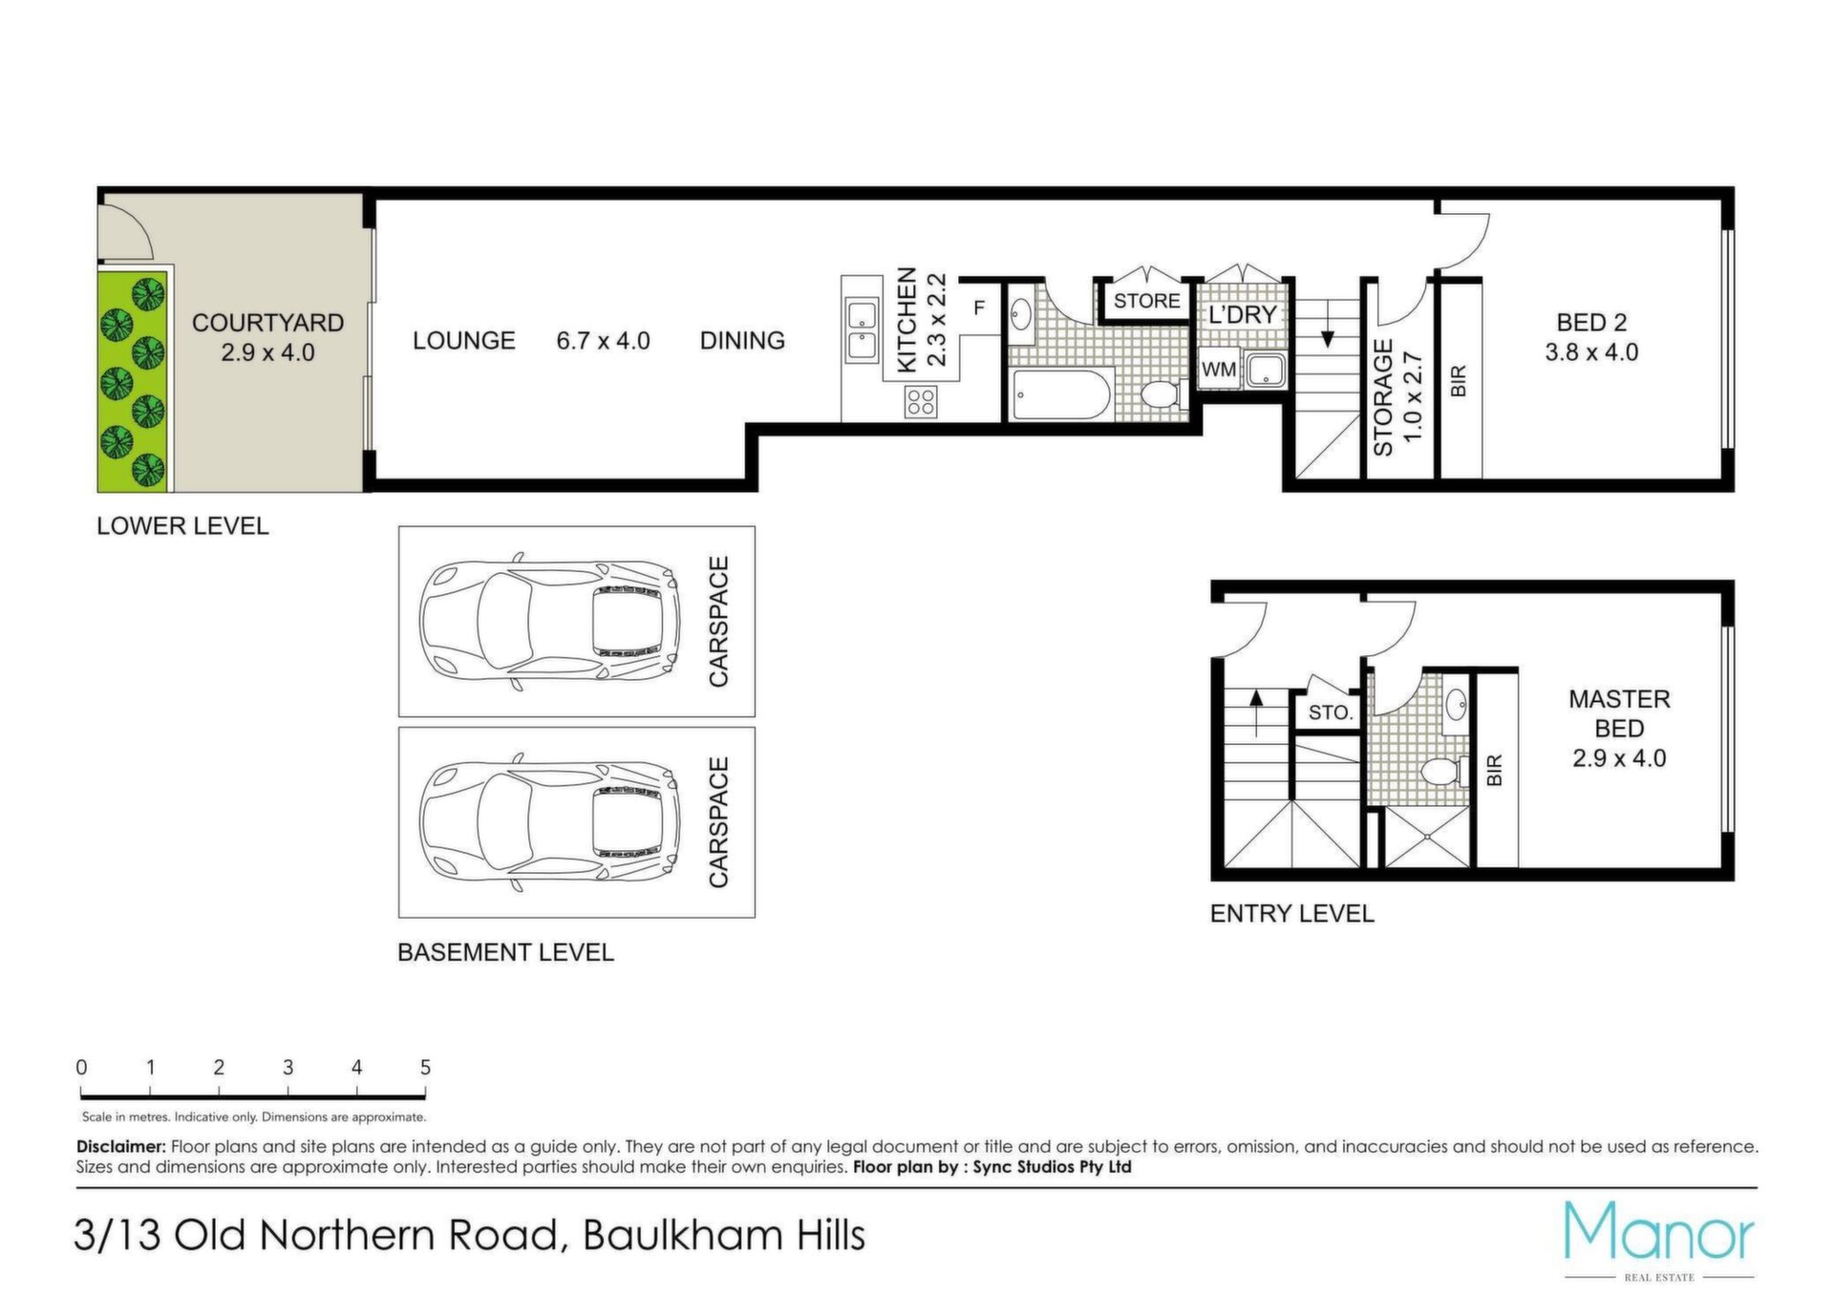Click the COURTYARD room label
(x=267, y=323)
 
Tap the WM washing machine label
(x=1219, y=370)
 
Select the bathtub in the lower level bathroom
(x=1061, y=394)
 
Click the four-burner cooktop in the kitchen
(x=921, y=401)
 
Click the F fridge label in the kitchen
(x=979, y=308)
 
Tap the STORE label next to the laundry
(x=1146, y=301)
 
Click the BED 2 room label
(x=1591, y=323)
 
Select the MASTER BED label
(x=1619, y=713)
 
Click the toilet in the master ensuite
(x=1443, y=770)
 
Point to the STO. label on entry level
(x=1330, y=712)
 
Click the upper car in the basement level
(x=549, y=621)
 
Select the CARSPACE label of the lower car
(x=718, y=822)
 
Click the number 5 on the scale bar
(x=425, y=1067)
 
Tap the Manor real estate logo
(x=1659, y=1240)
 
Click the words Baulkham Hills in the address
(x=724, y=1235)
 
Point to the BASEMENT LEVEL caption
(x=505, y=952)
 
